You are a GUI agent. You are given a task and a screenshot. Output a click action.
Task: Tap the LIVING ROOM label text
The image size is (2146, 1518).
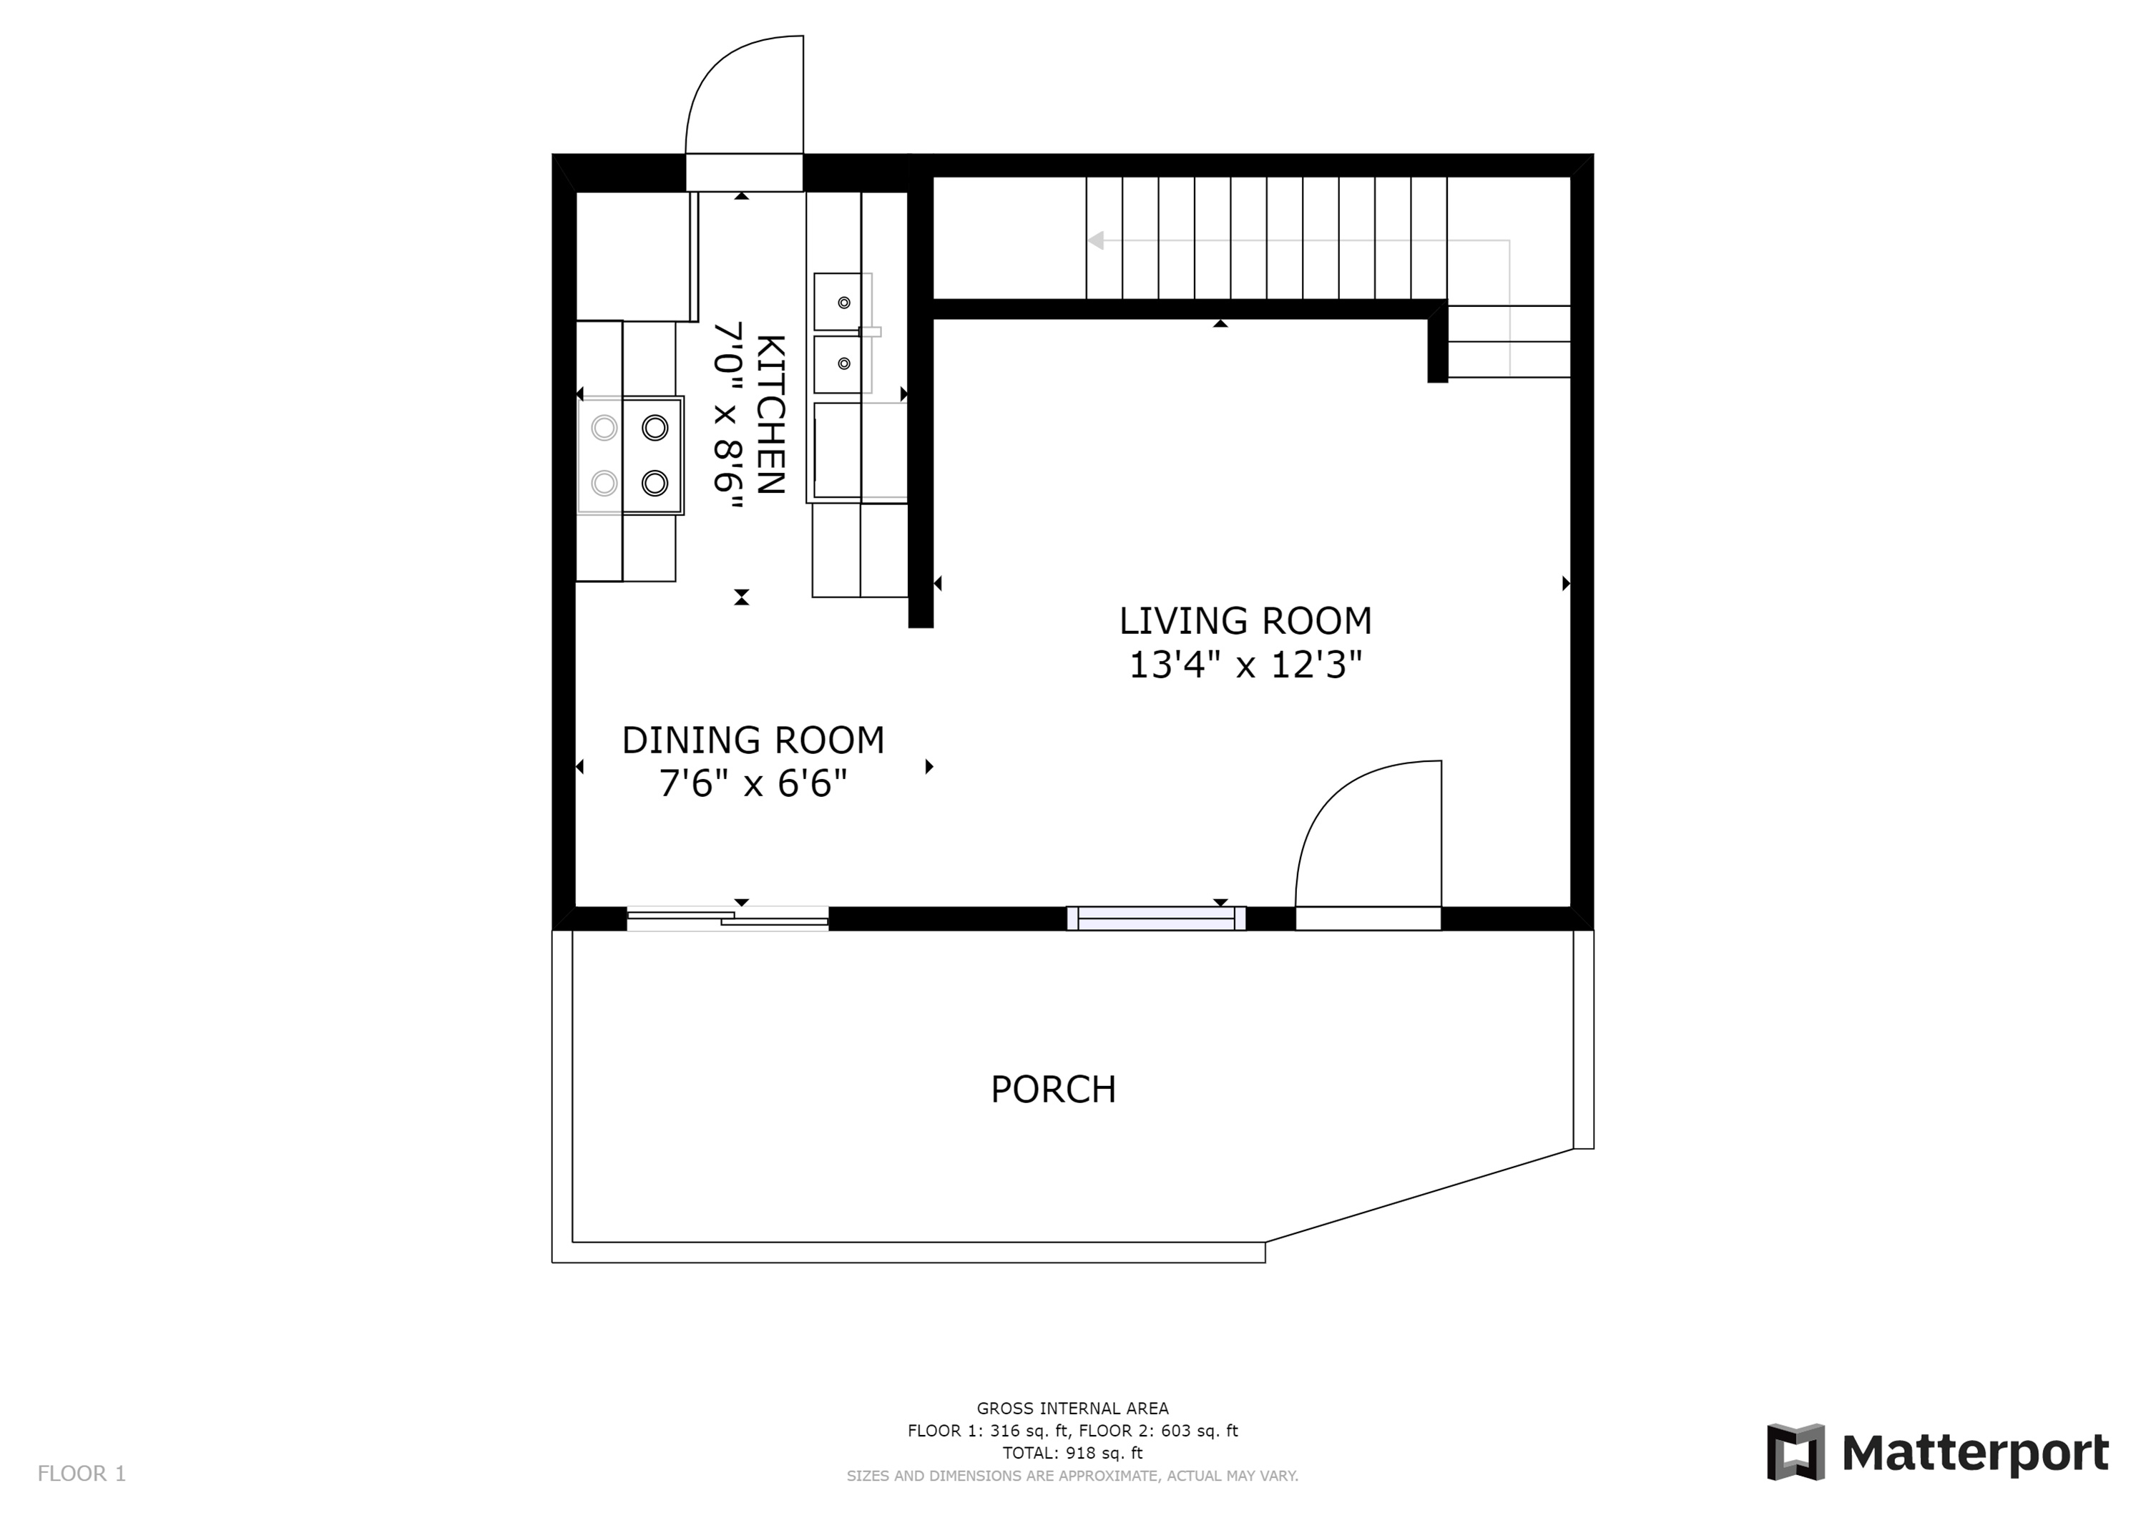pyautogui.click(x=1246, y=621)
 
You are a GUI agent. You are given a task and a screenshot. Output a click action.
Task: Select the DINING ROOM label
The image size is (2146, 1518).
pyautogui.click(x=753, y=740)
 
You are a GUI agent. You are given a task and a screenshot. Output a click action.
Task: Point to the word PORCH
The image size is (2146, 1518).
pyautogui.click(x=1054, y=1089)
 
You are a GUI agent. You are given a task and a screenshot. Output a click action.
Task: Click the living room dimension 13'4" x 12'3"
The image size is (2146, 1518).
pyautogui.click(x=1246, y=665)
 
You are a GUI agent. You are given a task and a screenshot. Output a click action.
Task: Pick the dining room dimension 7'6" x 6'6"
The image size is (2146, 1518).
pyautogui.click(x=753, y=783)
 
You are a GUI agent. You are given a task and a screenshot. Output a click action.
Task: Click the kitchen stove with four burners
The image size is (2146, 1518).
pyautogui.click(x=630, y=455)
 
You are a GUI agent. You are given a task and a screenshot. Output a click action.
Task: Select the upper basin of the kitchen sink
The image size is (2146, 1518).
pyautogui.click(x=838, y=302)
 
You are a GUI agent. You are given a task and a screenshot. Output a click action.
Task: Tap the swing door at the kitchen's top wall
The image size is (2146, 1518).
pyautogui.click(x=744, y=112)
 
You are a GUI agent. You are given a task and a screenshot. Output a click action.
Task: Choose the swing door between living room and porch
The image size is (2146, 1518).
pyautogui.click(x=1368, y=845)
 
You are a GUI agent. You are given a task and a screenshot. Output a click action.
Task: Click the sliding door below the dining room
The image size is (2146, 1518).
pyautogui.click(x=727, y=919)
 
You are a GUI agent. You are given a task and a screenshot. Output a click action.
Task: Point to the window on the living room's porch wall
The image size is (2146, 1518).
pyautogui.click(x=1156, y=919)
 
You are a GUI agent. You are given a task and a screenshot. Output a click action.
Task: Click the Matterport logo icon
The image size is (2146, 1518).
pyautogui.click(x=1795, y=1451)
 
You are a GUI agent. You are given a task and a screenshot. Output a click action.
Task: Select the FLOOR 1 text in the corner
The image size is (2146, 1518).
pyautogui.click(x=82, y=1474)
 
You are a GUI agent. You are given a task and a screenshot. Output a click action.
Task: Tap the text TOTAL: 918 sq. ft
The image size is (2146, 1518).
pyautogui.click(x=1072, y=1453)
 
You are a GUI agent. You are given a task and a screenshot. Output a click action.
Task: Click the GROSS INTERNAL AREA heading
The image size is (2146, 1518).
pyautogui.click(x=1072, y=1408)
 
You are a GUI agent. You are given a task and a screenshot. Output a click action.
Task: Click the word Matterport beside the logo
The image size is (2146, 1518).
pyautogui.click(x=1975, y=1453)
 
